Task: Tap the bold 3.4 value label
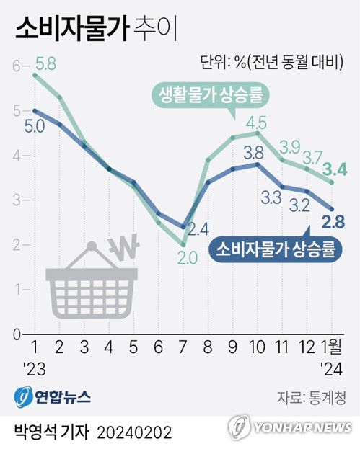pos(335,170)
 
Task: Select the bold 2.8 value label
pos(335,220)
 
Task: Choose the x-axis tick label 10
pos(256,346)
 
